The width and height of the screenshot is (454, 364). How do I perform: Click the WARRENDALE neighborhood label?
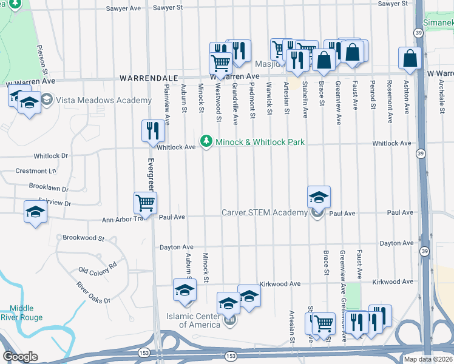[x=148, y=78]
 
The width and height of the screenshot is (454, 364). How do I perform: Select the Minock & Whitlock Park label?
[x=260, y=142]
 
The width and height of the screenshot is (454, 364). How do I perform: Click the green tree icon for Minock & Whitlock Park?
[x=207, y=141]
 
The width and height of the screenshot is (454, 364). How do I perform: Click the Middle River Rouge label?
[x=26, y=312]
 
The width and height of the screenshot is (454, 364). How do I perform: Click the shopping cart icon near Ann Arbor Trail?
[x=146, y=203]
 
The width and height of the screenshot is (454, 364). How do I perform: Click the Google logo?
[x=20, y=357]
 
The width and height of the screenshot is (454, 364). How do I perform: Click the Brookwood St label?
[x=84, y=238]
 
